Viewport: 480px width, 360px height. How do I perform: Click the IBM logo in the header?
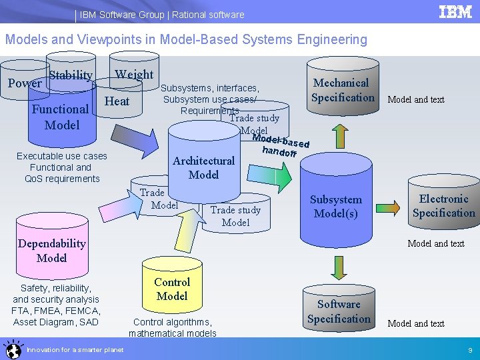[x=455, y=13]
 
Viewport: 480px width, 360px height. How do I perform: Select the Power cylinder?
[x=24, y=84]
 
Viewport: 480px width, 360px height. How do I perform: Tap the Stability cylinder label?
[x=71, y=75]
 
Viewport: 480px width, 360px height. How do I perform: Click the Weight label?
[x=134, y=75]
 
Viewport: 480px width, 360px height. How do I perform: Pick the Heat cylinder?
[x=117, y=101]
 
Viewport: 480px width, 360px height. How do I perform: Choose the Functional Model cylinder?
[x=61, y=117]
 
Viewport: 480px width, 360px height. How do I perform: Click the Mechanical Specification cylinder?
[x=343, y=90]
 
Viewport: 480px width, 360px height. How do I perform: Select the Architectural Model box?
[x=203, y=167]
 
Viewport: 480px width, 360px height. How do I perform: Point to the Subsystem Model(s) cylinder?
[x=336, y=207]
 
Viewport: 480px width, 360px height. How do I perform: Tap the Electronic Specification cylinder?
[x=443, y=206]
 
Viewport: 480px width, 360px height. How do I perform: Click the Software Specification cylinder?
[x=339, y=311]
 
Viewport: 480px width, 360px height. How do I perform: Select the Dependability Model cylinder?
[x=52, y=250]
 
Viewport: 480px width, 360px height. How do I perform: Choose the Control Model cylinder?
[x=171, y=289]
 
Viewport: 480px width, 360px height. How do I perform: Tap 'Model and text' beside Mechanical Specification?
[x=416, y=100]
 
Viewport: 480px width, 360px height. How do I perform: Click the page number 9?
[x=470, y=350]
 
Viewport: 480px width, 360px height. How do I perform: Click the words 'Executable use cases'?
[x=61, y=156]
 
